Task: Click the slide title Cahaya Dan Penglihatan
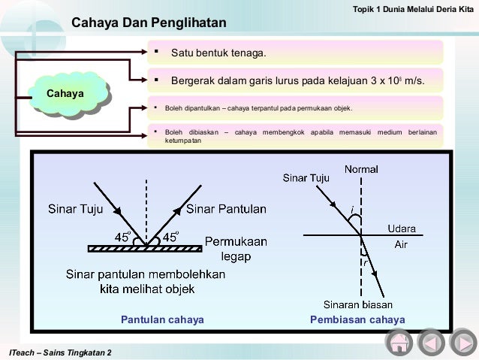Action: (149, 24)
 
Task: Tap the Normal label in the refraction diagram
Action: (361, 169)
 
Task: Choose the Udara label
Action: (402, 228)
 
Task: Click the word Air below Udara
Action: (402, 244)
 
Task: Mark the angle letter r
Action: (366, 263)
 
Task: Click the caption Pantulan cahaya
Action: (163, 319)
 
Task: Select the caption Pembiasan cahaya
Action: (357, 319)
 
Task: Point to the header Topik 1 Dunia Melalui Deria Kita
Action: (413, 8)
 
